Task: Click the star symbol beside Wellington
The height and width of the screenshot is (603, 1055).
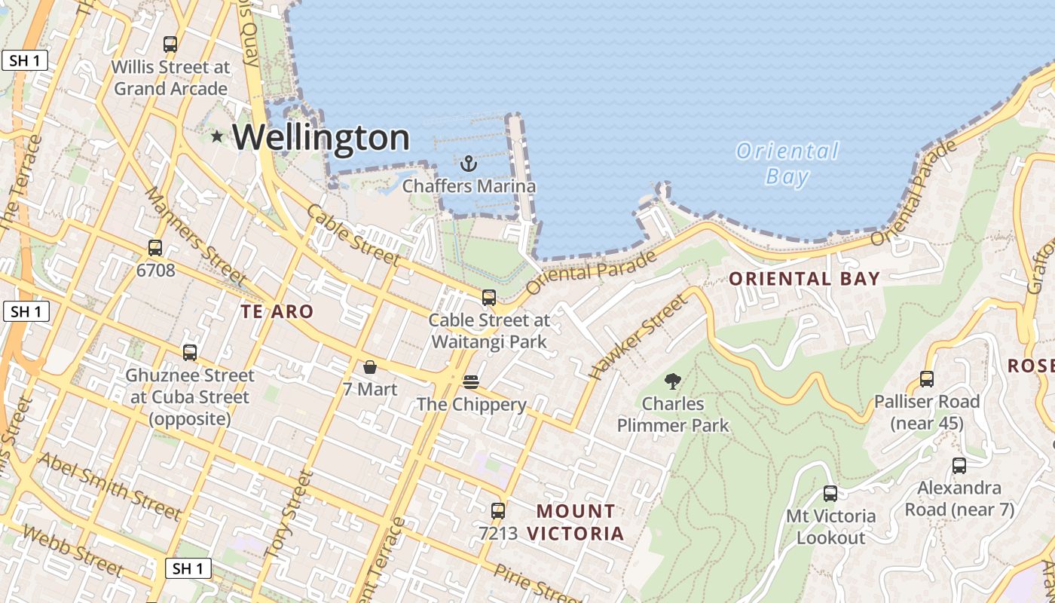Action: (218, 136)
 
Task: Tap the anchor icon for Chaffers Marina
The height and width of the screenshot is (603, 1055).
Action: (469, 163)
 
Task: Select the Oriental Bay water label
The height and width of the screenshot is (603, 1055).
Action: (787, 164)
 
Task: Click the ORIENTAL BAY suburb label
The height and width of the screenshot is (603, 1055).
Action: (804, 279)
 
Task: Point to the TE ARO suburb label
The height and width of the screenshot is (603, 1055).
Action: (277, 311)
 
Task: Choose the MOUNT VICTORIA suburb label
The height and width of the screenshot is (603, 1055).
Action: (576, 522)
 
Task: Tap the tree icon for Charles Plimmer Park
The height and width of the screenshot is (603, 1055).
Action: (673, 381)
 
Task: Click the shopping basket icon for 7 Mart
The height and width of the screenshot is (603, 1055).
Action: (370, 367)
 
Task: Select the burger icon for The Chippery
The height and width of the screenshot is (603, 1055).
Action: (471, 382)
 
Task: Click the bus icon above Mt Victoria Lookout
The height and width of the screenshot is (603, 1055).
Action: (830, 494)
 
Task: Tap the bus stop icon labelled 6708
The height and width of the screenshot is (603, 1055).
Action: (155, 247)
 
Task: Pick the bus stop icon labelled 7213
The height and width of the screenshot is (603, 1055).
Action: (497, 510)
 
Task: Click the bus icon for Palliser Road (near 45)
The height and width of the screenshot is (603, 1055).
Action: (926, 379)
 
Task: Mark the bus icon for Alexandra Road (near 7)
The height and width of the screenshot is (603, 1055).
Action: (959, 466)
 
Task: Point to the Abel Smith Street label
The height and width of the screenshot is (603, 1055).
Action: (110, 487)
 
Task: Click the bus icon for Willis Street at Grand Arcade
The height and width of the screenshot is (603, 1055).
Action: (170, 44)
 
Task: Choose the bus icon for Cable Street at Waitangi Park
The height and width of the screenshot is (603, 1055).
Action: (489, 298)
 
